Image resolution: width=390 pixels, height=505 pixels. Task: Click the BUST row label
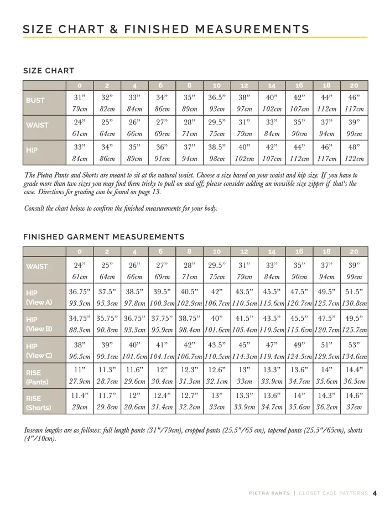pos(35,101)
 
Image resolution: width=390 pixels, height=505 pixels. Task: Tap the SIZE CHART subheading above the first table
pos(49,71)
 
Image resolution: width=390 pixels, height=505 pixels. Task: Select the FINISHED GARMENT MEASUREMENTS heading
pos(103,237)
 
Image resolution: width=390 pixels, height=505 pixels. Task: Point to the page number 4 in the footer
pos(375,493)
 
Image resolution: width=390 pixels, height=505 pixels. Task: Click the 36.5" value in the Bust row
pos(217,97)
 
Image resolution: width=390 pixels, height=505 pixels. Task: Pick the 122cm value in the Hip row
pos(354,159)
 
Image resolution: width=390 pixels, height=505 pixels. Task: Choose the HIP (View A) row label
pos(39,297)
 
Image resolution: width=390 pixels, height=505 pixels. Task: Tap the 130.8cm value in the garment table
pos(354,303)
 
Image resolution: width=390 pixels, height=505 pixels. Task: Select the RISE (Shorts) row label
pos(39,402)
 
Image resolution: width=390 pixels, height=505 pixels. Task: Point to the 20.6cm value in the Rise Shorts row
pos(134,408)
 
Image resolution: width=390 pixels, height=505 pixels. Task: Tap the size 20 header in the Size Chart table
pos(354,86)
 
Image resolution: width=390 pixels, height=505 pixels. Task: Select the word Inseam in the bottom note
pos(37,430)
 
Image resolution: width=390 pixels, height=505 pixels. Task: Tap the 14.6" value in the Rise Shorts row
pos(354,396)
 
